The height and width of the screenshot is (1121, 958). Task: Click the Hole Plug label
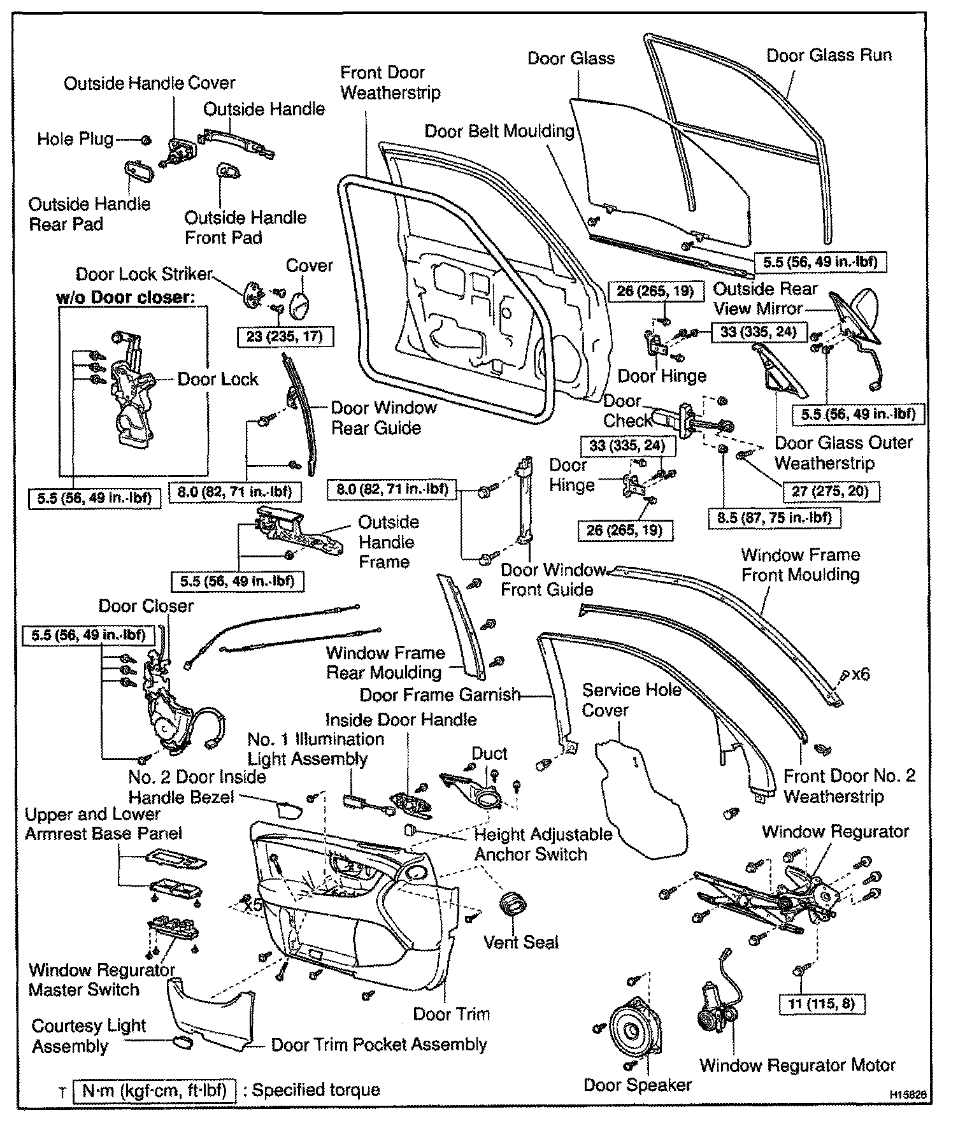75,139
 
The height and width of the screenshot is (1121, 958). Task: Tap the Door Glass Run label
829,55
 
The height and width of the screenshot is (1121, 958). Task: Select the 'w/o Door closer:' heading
125,297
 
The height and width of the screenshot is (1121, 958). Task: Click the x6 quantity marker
861,673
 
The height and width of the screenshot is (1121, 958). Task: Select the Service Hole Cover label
632,699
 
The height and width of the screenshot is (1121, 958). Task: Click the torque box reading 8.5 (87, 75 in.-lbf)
774,517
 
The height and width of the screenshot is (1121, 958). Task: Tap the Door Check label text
628,411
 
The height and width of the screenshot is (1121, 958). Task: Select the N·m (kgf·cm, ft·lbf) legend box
155,1090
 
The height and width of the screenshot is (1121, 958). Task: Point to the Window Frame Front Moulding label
800,564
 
